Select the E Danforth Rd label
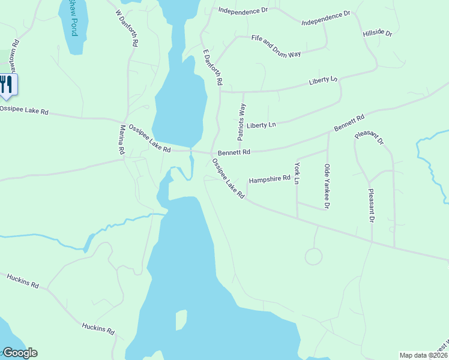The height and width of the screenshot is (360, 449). coord(212,67)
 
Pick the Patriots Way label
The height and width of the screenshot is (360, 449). coord(242,121)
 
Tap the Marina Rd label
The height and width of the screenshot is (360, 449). coord(121,140)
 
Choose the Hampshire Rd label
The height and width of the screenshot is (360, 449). coord(270,179)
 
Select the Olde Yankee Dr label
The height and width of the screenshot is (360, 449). coord(327,186)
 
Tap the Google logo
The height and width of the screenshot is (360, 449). coord(20,353)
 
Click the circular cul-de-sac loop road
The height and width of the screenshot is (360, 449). coord(313,256)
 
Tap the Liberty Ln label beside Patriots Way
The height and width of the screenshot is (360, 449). coord(262,125)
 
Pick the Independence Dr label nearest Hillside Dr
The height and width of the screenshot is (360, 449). coord(325,18)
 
